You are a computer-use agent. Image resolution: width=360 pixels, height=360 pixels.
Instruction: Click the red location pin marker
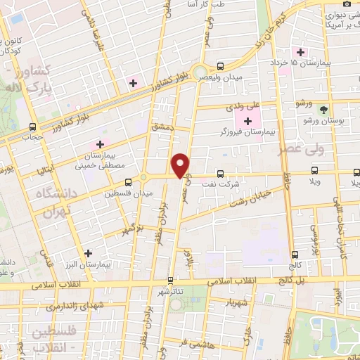[181, 166]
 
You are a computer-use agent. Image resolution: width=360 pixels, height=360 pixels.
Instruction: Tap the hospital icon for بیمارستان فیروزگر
[247, 122]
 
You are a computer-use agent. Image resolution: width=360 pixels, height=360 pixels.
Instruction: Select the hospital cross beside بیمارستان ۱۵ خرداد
[301, 52]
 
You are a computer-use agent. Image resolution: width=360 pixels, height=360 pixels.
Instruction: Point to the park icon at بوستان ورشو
[323, 111]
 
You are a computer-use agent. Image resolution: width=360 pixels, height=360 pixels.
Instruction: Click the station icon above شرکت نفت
[220, 173]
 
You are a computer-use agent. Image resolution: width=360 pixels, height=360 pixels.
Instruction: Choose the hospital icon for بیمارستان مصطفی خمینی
[100, 145]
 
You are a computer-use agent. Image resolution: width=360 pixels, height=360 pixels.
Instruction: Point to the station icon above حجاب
[33, 127]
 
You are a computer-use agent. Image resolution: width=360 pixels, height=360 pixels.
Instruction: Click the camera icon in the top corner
[347, 4]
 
